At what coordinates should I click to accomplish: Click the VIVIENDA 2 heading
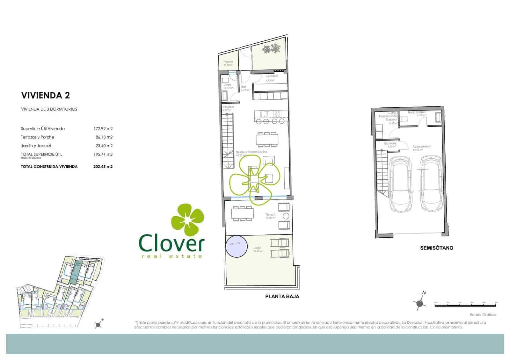[45, 95]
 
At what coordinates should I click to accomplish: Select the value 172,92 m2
[103, 129]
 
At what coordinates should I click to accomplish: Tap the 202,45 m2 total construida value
[103, 166]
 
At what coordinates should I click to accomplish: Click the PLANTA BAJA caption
[282, 297]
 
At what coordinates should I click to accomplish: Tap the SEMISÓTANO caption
[436, 248]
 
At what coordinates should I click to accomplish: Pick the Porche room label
[228, 62]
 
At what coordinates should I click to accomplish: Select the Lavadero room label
[272, 76]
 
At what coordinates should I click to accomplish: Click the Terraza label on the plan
[270, 215]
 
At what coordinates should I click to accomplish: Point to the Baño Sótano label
[417, 112]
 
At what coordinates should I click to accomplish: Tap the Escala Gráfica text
[483, 315]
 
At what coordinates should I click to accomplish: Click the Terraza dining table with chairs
[243, 213]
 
